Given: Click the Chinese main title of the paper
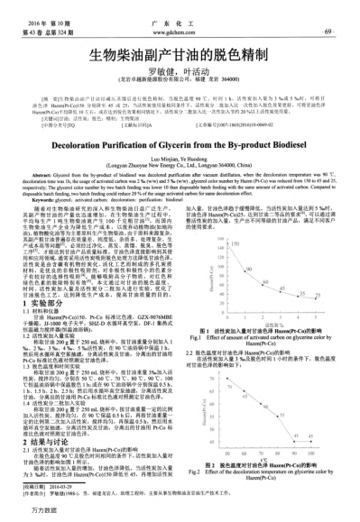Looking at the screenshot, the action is [180, 55].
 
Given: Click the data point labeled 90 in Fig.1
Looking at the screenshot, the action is [245, 270].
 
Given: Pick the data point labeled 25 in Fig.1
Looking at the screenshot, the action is [316, 298].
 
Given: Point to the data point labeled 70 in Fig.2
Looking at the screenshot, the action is [226, 378].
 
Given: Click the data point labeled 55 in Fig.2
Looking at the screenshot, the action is [278, 417].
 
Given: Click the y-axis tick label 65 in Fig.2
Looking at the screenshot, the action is [211, 390].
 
